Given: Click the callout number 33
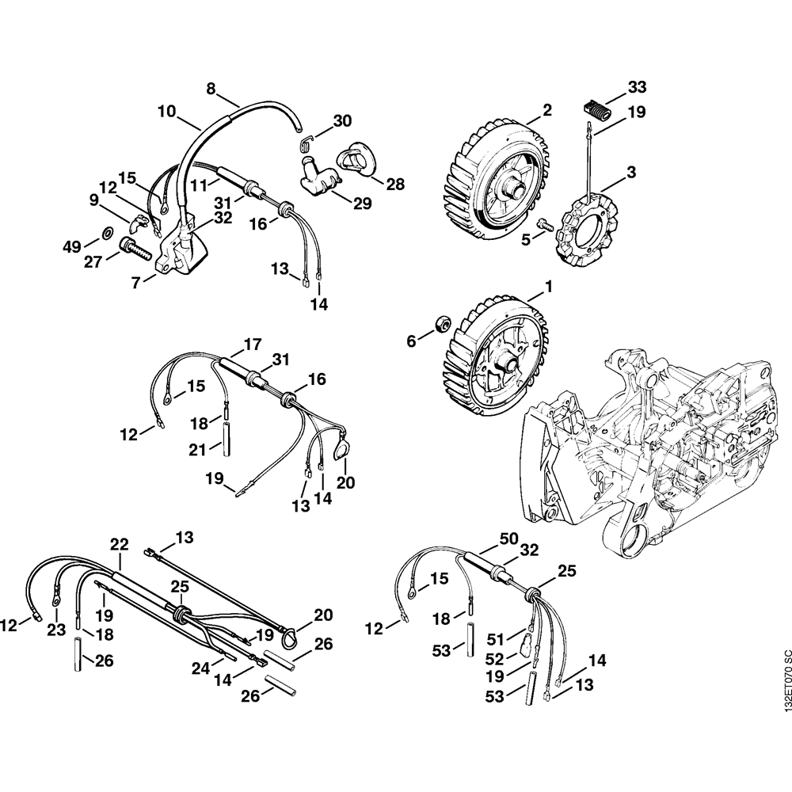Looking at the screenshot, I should click(637, 86).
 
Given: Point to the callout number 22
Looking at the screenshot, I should click(119, 545).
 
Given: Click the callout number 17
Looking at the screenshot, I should click(252, 345).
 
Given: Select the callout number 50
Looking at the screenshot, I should click(508, 539).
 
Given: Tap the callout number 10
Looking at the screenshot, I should click(166, 112).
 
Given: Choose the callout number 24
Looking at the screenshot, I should click(201, 668).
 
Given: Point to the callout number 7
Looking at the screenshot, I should click(138, 281).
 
